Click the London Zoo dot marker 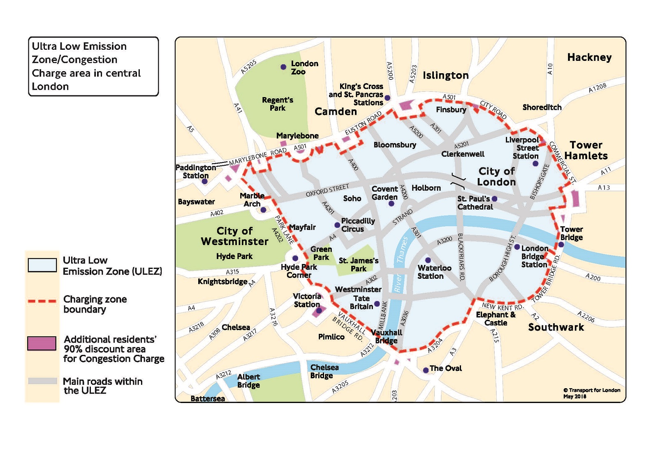point(283,67)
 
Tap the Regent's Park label point(278,104)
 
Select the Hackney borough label point(589,57)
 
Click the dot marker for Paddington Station point(204,181)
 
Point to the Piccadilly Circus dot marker point(337,225)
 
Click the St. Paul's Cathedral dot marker point(495,199)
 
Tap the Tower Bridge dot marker point(561,245)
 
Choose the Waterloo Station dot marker point(428,260)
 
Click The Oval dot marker point(426,370)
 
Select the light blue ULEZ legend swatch point(42,265)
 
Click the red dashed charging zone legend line point(42,301)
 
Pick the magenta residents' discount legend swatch point(42,343)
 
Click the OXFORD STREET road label point(327,190)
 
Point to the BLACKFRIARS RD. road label point(461,257)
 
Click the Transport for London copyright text point(591,393)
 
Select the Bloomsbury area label point(395,145)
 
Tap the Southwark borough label point(556,327)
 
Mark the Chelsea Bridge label point(324,371)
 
